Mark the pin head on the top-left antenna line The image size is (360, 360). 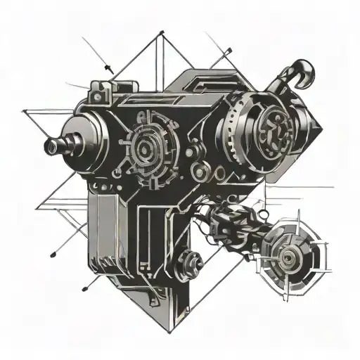(x=109, y=67)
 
